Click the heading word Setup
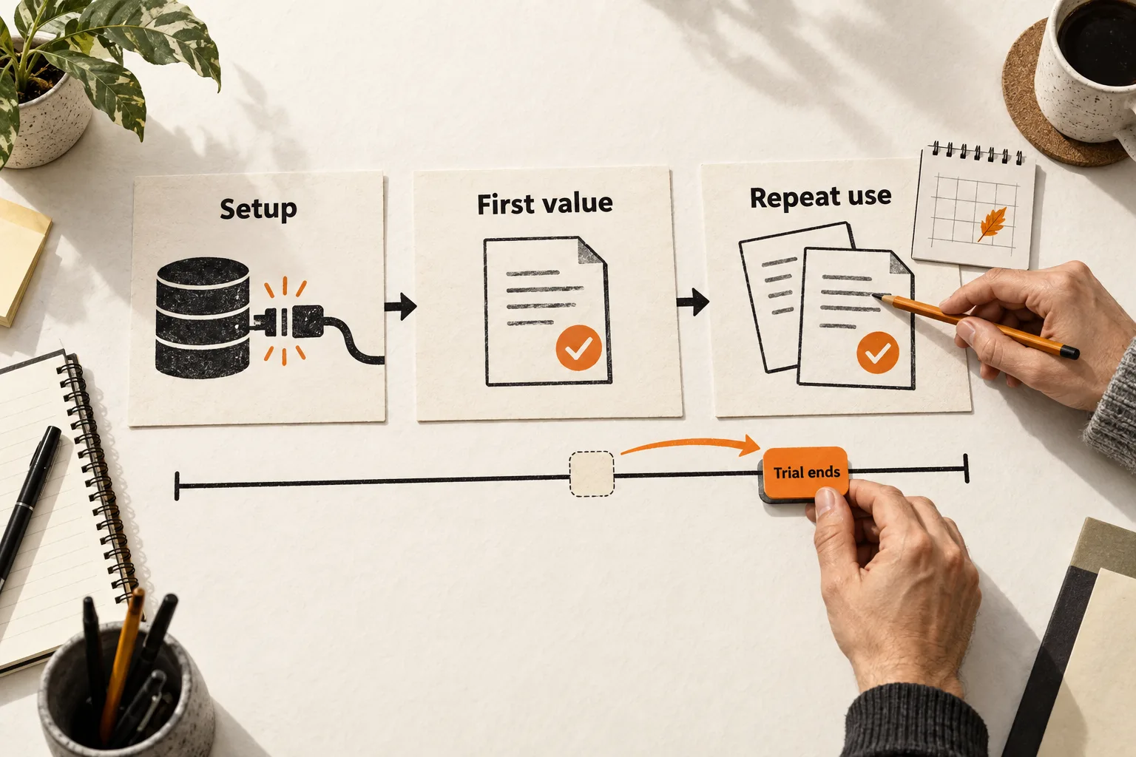click(258, 209)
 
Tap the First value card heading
click(544, 203)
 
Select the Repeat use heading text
click(820, 197)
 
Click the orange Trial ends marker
click(805, 473)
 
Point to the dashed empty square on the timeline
click(592, 474)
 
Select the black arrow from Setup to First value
click(401, 306)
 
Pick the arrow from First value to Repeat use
click(693, 302)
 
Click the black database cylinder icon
click(203, 318)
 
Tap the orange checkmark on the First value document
click(578, 348)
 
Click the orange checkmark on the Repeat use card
click(878, 353)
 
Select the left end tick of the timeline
click(177, 486)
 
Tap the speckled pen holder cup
click(126, 695)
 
